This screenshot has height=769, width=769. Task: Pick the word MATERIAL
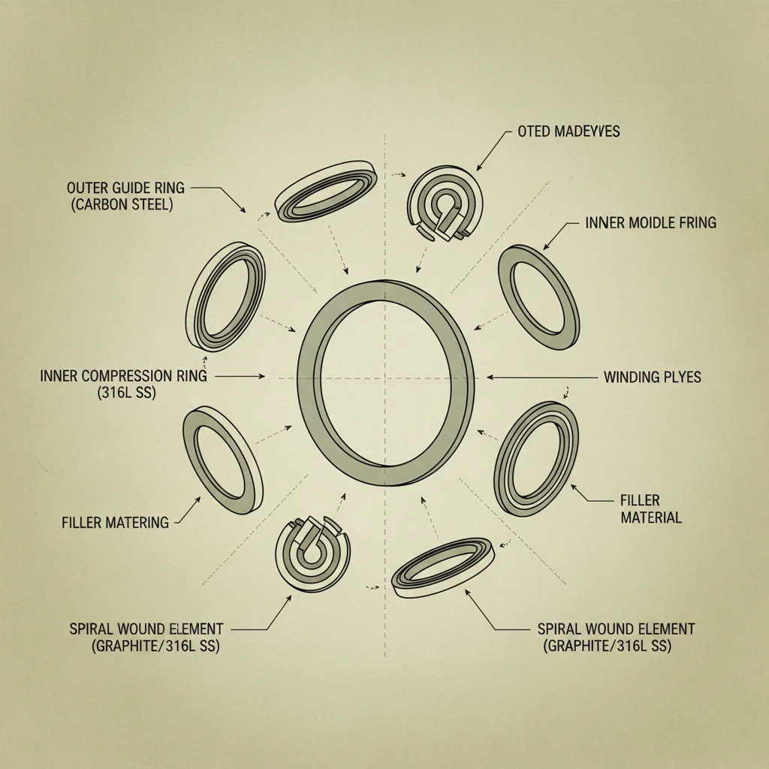coord(651,517)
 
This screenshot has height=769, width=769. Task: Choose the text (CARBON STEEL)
coord(122,204)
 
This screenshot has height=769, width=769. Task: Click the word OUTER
coord(88,187)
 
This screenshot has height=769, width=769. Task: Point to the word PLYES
coord(681,377)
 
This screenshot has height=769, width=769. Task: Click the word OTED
coord(534,131)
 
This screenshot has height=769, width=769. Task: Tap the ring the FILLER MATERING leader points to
coord(223,459)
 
